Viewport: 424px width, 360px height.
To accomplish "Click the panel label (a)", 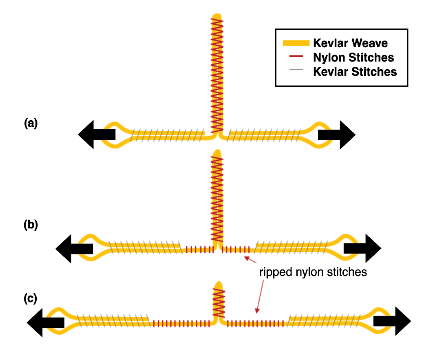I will click(31, 123).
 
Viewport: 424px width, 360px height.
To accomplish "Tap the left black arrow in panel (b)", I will click(74, 248).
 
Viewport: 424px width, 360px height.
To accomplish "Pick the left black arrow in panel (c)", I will click(45, 322).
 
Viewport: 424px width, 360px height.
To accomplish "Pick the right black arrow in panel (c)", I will click(392, 321).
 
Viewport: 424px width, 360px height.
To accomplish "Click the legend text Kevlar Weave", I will click(350, 43).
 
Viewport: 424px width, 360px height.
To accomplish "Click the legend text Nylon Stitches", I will click(353, 57).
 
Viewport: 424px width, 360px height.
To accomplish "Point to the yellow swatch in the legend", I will click(296, 43).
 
